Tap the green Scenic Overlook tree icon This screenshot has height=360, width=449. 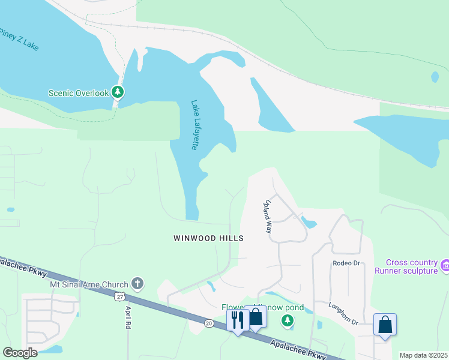[x=119, y=92]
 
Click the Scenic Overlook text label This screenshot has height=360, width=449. [x=79, y=93]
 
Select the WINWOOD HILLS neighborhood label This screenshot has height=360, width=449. [x=208, y=238]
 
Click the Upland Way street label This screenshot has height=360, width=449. [x=268, y=217]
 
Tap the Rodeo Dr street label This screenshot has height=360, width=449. [x=346, y=263]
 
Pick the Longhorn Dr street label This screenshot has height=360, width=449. [x=343, y=313]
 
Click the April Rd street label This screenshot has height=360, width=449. [x=128, y=317]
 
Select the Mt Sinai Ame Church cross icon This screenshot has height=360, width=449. [x=137, y=284]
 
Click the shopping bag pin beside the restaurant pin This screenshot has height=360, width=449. [x=255, y=317]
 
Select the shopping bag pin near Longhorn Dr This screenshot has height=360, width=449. [x=385, y=325]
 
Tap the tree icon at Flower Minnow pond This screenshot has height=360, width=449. [x=288, y=321]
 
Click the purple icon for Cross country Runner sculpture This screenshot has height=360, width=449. [x=444, y=265]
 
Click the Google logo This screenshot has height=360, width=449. [x=20, y=353]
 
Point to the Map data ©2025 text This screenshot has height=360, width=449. [x=423, y=355]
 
